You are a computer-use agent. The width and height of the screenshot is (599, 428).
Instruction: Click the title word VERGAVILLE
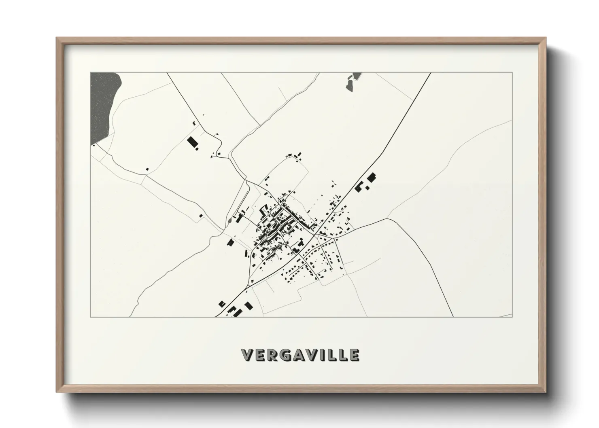pyautogui.click(x=299, y=355)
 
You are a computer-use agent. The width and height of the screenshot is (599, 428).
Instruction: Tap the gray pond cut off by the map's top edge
pyautogui.click(x=357, y=76)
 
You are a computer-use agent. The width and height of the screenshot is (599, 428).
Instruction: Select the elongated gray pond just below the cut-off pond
pyautogui.click(x=348, y=85)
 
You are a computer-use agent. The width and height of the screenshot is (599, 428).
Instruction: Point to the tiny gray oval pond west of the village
pyautogui.click(x=229, y=221)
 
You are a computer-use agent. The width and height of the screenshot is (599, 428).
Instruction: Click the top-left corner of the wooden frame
pyautogui.click(x=57, y=38)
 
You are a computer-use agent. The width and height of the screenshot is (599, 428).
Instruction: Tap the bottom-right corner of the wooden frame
pyautogui.click(x=546, y=392)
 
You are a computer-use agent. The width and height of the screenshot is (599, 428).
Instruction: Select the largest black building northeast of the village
pyautogui.click(x=371, y=178)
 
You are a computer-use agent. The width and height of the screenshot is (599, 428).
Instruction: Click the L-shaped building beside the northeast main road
pyautogui.click(x=358, y=186)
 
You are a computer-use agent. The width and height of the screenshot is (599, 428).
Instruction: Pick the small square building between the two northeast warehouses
pyautogui.click(x=367, y=187)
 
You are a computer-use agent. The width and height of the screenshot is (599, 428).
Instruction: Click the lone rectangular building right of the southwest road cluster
pyautogui.click(x=248, y=305)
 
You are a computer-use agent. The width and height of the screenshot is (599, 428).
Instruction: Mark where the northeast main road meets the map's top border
pyautogui.click(x=430, y=73)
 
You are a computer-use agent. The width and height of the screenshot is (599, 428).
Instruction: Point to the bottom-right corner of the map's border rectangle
pyautogui.click(x=512, y=317)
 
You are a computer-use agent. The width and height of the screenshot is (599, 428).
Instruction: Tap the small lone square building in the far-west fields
pyautogui.click(x=147, y=169)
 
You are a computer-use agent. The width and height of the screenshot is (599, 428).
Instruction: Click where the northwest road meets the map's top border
pyautogui.click(x=167, y=73)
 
